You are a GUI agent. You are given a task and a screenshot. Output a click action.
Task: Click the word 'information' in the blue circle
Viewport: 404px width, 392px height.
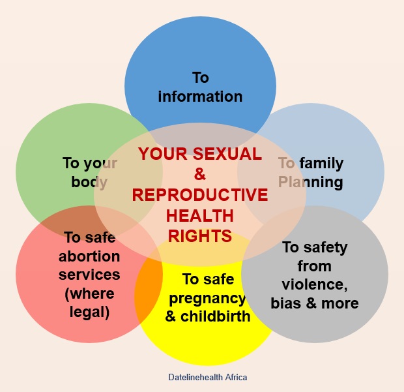point(200,97)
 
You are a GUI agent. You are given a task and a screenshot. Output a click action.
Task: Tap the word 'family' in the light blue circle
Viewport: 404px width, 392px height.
point(321,164)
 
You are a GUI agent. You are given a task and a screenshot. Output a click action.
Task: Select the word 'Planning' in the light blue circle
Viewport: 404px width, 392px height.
point(310,182)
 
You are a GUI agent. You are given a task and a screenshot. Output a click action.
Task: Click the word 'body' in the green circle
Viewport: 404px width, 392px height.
point(89,182)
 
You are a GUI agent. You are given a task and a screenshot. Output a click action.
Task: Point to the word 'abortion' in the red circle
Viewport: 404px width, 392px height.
point(89,256)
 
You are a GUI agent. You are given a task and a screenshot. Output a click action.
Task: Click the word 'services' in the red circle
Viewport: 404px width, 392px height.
point(89,275)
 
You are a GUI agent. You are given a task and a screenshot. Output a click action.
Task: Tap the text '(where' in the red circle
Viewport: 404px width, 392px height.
point(89,294)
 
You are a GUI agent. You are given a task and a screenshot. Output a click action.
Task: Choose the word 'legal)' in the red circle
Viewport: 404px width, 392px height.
point(89,312)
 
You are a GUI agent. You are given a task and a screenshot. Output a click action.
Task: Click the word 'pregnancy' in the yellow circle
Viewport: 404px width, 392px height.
point(207,299)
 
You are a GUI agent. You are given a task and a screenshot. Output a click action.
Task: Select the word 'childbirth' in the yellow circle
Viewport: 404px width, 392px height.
point(216,316)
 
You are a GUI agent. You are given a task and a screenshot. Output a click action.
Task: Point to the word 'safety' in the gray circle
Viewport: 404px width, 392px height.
point(325,248)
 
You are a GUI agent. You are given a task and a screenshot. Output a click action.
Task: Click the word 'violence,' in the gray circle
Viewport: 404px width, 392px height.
point(315,285)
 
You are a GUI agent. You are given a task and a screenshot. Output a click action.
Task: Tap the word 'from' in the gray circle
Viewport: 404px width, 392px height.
point(315,266)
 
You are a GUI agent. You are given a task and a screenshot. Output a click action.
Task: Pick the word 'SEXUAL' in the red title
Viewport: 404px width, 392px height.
point(227,154)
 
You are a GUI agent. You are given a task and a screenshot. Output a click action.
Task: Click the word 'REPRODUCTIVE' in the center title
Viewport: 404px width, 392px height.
point(200,195)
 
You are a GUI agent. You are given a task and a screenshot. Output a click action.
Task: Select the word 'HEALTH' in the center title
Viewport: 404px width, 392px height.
point(200,216)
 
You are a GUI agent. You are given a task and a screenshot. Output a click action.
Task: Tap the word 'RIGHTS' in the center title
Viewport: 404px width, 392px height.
point(200,236)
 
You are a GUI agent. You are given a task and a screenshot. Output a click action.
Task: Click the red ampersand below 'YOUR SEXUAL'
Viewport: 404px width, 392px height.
point(200,174)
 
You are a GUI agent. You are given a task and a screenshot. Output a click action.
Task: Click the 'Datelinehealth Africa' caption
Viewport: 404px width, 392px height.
point(208,377)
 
